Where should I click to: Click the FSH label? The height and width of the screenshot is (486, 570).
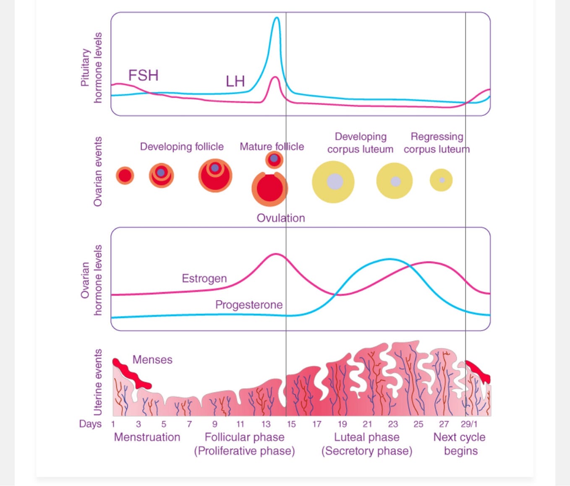coord(143,75)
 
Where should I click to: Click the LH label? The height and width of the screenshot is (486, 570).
coord(235,81)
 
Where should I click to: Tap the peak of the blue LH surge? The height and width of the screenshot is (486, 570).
coord(276,18)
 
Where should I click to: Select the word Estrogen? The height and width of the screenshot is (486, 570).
coord(204,278)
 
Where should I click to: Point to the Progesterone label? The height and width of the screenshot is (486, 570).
coord(248,304)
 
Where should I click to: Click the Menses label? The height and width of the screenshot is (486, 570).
coord(152,360)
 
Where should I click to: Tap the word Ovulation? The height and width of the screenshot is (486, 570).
coord(281,218)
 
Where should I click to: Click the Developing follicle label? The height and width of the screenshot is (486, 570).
coord(182,147)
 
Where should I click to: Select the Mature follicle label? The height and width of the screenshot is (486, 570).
coord(272,147)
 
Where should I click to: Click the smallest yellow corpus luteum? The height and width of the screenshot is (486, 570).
coord(441,180)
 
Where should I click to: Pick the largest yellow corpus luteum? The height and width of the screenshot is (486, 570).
coord(333,182)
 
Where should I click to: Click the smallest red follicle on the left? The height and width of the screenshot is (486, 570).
coord(125,175)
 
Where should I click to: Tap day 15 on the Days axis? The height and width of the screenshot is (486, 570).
coord(291,424)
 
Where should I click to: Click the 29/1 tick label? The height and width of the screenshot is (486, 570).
coord(469,424)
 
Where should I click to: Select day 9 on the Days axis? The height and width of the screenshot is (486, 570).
coord(215,424)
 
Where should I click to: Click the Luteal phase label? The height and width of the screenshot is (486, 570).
coord(366,437)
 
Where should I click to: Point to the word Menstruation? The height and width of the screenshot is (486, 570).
coord(147,437)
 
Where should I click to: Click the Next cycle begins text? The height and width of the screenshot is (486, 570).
coord(460,444)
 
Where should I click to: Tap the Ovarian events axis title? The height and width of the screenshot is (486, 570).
coord(98,172)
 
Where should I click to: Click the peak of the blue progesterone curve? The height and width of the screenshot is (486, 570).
coord(390,259)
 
